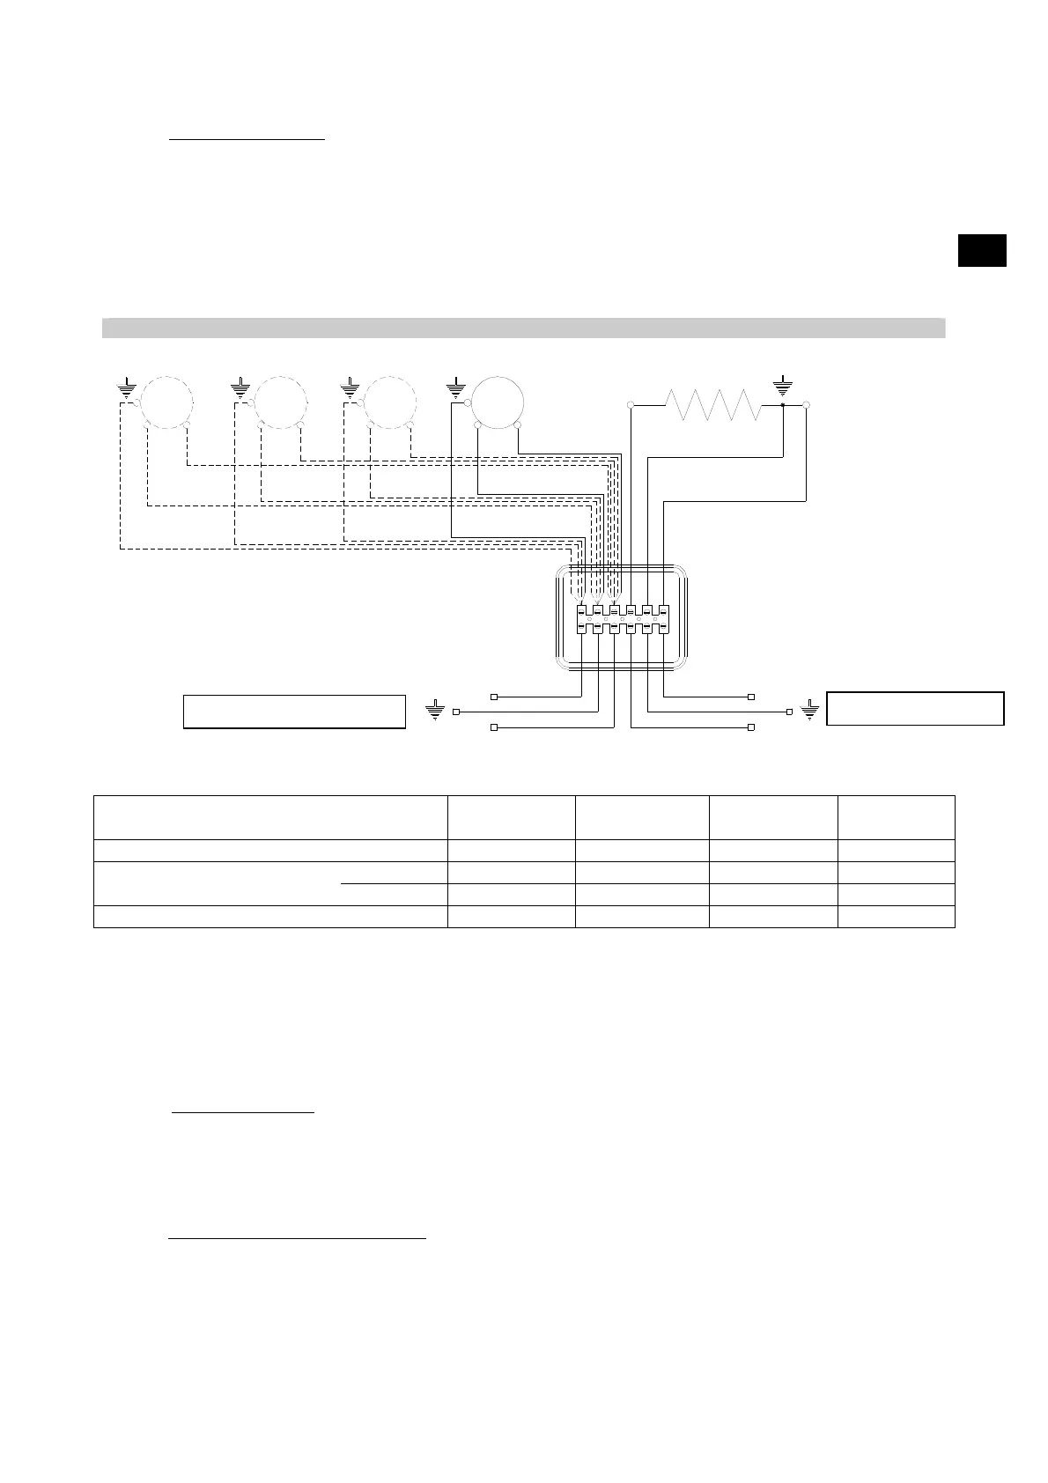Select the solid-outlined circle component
[x=498, y=401]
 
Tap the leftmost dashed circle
[x=166, y=401]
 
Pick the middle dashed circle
[x=281, y=401]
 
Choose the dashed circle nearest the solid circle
[x=390, y=401]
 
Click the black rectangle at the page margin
[x=982, y=250]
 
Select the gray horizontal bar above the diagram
[x=523, y=328]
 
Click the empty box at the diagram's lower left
[x=294, y=712]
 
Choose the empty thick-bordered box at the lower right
[x=915, y=708]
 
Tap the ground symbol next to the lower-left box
[x=435, y=710]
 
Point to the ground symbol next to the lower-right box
[x=810, y=710]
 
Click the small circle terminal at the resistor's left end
[x=631, y=405]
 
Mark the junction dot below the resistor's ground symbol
[x=782, y=405]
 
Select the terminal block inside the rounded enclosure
[x=623, y=619]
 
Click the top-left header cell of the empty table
[x=270, y=817]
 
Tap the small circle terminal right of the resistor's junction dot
[x=807, y=405]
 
